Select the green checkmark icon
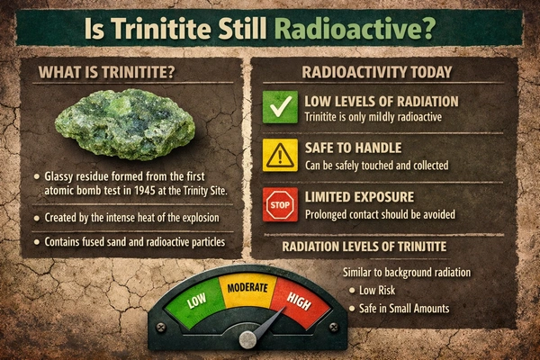point(279,107)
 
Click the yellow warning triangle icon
point(279,154)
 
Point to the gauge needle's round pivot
point(248,339)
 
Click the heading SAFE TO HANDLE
point(354,147)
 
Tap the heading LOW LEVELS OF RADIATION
point(382,100)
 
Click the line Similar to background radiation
point(408,272)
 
